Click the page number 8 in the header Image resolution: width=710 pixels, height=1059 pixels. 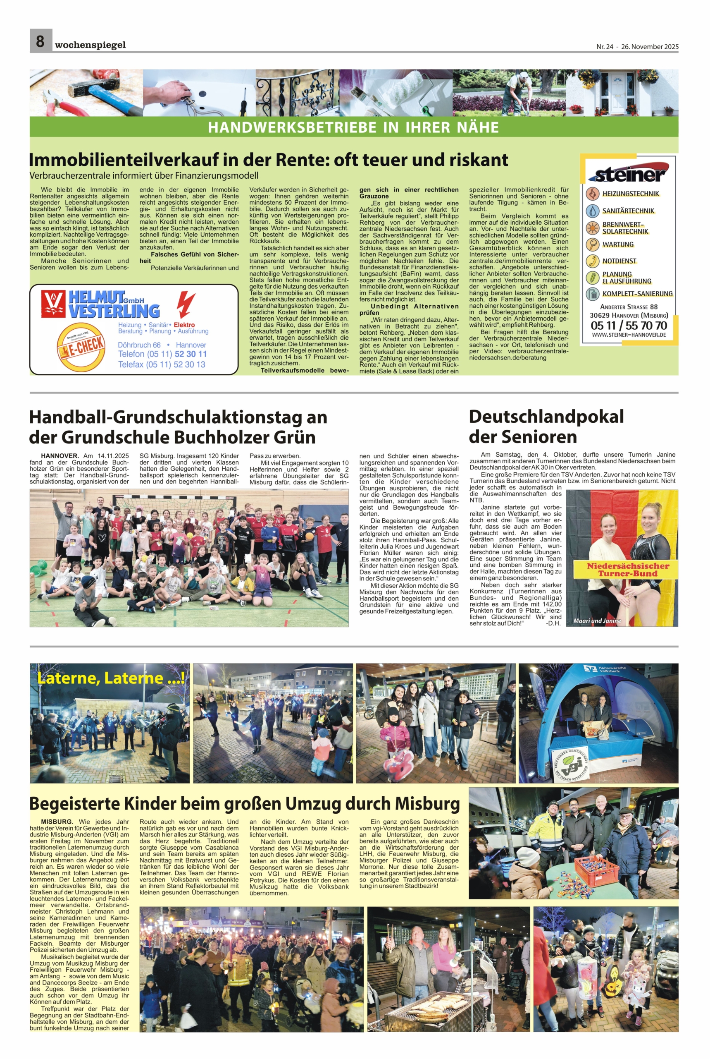[41, 41]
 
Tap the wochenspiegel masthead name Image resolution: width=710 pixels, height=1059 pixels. [90, 45]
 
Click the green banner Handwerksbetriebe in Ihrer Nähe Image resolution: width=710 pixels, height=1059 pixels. [353, 127]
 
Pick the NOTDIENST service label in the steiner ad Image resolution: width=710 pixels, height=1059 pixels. [619, 261]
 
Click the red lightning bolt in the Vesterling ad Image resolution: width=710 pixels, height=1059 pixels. [186, 304]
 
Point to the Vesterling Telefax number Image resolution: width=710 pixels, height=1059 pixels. [162, 364]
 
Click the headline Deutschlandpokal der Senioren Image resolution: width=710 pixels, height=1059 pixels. [546, 426]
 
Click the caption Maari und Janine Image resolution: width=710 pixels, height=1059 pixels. [597, 621]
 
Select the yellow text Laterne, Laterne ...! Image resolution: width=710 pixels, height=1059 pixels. [110, 678]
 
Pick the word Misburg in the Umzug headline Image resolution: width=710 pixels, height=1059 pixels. [427, 803]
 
